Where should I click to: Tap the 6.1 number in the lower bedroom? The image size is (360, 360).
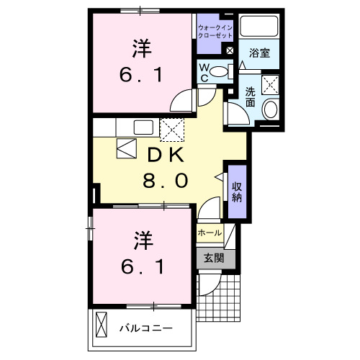click(141, 267)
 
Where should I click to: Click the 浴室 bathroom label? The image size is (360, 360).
click(259, 53)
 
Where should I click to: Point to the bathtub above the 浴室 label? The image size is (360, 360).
click(260, 26)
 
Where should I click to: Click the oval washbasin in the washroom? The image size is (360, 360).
click(271, 110)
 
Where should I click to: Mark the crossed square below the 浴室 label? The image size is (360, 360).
click(271, 84)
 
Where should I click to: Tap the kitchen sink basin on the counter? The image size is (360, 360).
click(143, 127)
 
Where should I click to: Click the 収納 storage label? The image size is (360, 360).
click(236, 192)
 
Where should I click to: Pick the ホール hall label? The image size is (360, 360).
click(210, 233)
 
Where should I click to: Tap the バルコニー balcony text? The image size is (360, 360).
click(145, 328)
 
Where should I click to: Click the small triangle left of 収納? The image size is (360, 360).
click(219, 176)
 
